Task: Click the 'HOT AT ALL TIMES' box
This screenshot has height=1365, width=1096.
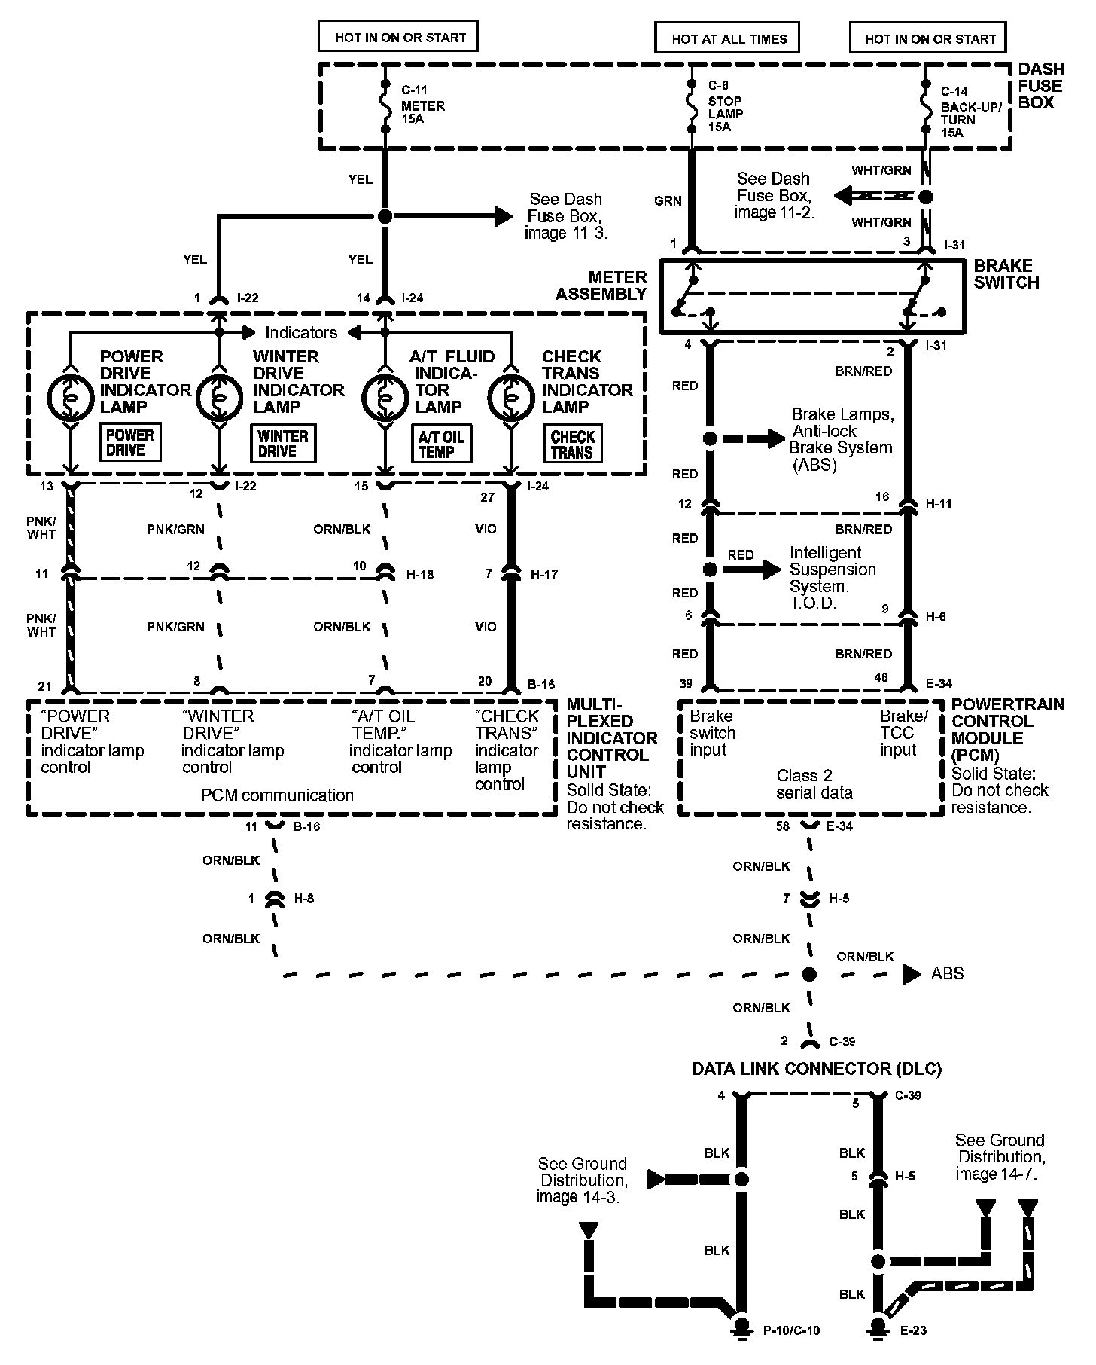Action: (726, 38)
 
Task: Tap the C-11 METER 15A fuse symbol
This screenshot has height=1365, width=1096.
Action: (385, 106)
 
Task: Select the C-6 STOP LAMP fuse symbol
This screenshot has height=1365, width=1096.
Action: (692, 106)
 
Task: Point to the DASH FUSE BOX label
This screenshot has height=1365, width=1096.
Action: (1041, 86)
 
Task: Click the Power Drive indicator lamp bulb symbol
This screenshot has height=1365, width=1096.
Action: (70, 395)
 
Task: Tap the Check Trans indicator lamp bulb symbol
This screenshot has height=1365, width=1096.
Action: (511, 395)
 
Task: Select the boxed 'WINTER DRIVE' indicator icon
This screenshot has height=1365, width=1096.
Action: (283, 443)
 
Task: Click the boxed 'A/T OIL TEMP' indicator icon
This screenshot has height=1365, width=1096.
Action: (441, 444)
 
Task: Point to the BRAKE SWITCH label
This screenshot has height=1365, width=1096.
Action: (1006, 274)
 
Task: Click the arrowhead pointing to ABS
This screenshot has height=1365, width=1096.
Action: (912, 974)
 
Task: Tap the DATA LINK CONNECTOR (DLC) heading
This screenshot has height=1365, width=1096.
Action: (817, 1068)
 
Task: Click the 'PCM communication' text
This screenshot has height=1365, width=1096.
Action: (277, 795)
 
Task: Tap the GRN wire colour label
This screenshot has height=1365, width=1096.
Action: (668, 201)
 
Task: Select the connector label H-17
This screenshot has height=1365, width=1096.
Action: (544, 575)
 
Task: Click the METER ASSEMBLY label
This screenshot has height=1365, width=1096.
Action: (601, 286)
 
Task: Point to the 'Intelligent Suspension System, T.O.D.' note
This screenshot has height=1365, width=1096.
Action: (833, 578)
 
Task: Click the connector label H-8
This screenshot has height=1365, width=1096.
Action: (303, 899)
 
